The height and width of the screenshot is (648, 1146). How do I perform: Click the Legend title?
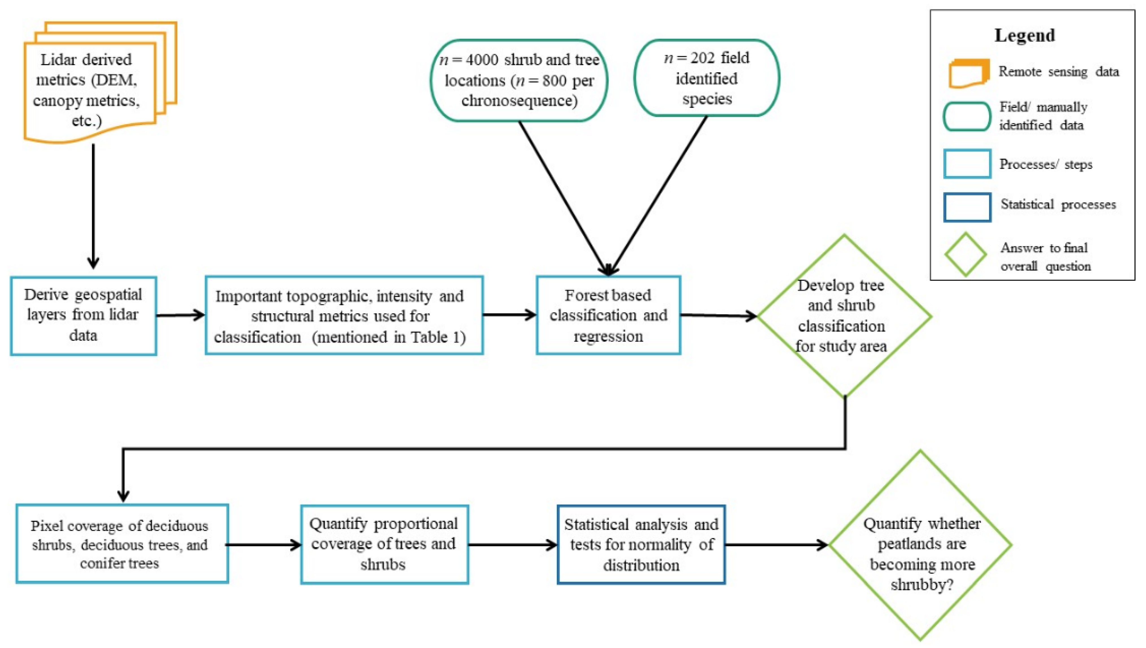[x=1024, y=35]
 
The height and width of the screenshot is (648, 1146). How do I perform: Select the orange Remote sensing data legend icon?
[x=969, y=73]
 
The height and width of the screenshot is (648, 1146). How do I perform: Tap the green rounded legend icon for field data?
[x=967, y=117]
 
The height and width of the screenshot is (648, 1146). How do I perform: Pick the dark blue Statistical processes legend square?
[x=967, y=207]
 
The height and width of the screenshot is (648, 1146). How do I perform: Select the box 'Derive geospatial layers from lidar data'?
[x=83, y=315]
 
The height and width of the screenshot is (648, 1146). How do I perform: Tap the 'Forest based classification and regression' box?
[x=608, y=315]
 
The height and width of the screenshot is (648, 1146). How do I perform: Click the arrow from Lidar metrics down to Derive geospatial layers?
[x=93, y=205]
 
